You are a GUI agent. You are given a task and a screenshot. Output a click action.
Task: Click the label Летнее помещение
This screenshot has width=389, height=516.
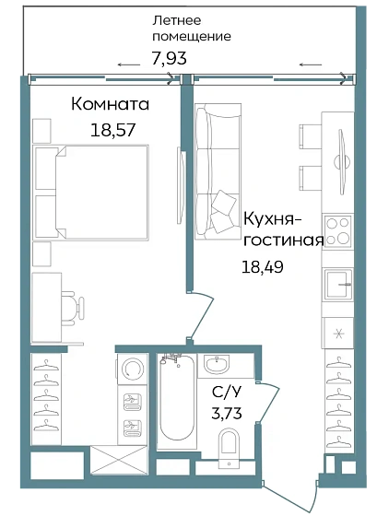pyautogui.click(x=192, y=29)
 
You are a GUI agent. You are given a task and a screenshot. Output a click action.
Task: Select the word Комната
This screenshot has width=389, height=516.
pyautogui.click(x=110, y=105)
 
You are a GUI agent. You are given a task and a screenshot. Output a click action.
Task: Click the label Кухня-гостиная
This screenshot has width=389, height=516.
pyautogui.click(x=283, y=230)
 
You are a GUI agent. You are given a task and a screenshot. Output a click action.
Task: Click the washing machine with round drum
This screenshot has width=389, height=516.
pyautogui.click(x=132, y=369)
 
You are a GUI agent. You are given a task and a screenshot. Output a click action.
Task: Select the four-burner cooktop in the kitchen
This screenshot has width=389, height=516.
pyautogui.click(x=338, y=230)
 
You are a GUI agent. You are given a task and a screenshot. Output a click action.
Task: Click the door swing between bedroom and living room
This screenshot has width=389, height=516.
pyautogui.click(x=205, y=313)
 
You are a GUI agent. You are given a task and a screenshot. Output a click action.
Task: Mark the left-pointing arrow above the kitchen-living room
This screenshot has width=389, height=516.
pyautogui.click(x=311, y=64)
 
